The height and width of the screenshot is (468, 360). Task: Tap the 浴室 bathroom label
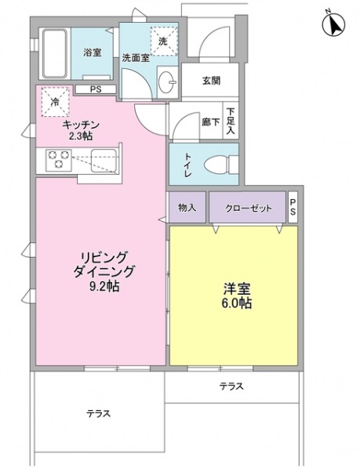coord(93,53)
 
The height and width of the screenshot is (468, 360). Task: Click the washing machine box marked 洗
coord(163,41)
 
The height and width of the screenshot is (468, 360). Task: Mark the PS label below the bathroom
coord(95,89)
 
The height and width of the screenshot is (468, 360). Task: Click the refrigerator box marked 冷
coord(56,102)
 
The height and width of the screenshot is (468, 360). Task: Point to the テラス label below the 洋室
coord(231,385)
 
